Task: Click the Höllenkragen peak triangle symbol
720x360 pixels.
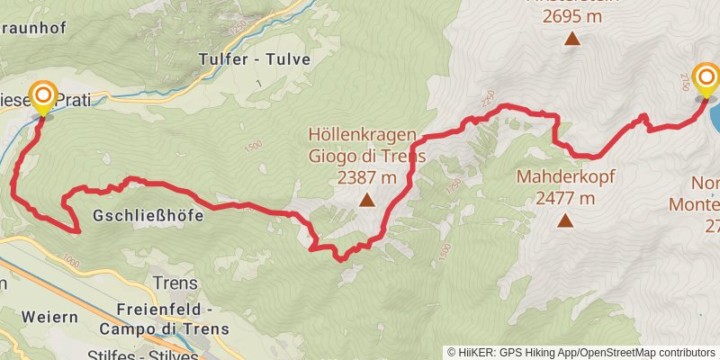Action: (367, 201)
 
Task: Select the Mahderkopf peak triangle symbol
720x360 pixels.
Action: (565, 219)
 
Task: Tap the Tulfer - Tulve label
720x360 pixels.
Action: (254, 59)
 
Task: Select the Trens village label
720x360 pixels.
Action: (175, 283)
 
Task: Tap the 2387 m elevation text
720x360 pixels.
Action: (366, 178)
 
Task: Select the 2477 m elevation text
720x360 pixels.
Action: (565, 198)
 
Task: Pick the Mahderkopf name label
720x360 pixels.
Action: (565, 177)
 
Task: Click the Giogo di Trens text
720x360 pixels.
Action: (366, 155)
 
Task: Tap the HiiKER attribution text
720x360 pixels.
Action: (517, 352)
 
